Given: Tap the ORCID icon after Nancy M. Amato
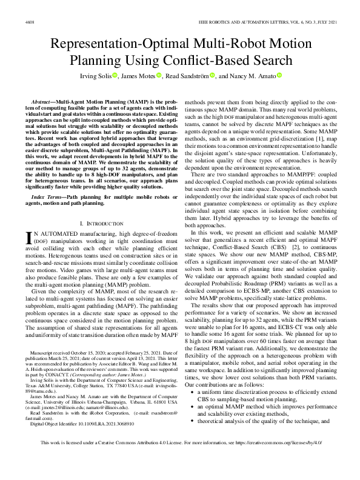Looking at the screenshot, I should point(280,75).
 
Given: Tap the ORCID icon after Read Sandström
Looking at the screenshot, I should point(213,75).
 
